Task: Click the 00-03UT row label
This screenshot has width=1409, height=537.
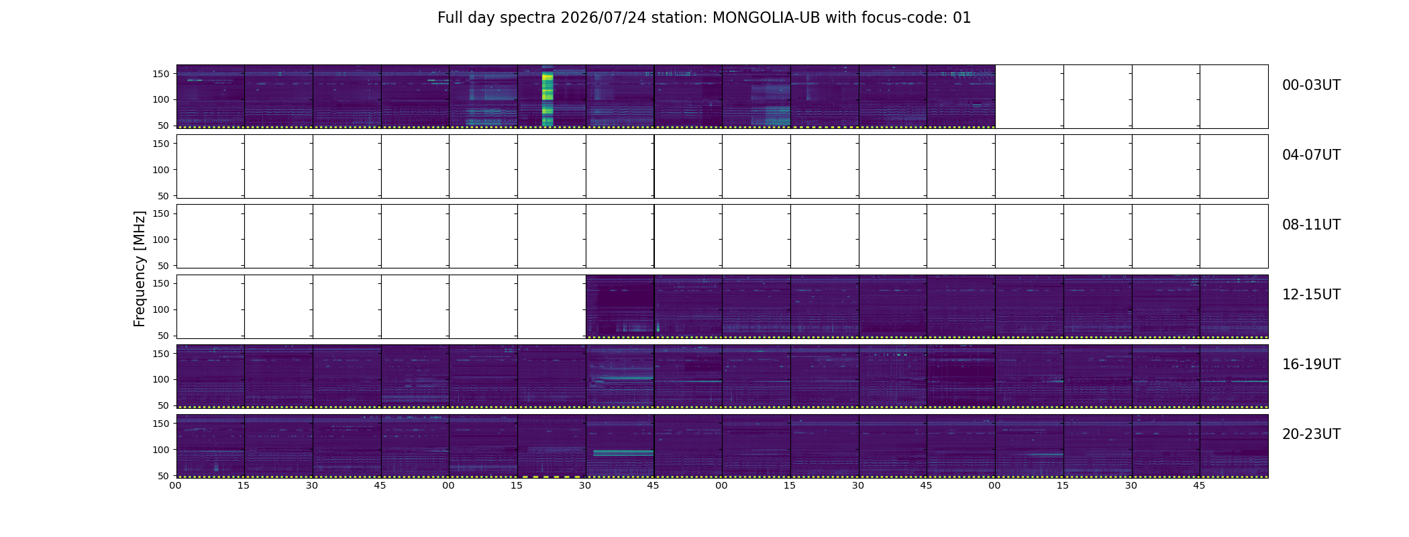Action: tap(1311, 85)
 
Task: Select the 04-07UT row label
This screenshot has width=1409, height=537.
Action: tap(1311, 155)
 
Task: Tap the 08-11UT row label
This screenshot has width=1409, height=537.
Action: tap(1311, 225)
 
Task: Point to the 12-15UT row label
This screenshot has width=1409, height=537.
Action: tap(1311, 295)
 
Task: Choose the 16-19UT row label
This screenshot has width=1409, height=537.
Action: tap(1311, 364)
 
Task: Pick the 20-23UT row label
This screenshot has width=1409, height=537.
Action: tap(1311, 434)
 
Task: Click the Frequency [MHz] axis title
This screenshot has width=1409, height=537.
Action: tap(140, 268)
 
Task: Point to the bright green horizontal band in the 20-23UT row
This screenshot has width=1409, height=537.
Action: tap(623, 454)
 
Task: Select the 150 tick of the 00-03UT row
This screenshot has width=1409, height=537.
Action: tap(161, 74)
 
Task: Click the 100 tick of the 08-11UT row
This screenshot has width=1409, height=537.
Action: tap(161, 240)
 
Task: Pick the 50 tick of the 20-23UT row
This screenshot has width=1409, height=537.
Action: tap(164, 476)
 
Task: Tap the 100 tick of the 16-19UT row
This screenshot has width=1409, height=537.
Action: tap(161, 379)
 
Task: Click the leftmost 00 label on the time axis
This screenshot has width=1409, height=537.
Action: tap(176, 485)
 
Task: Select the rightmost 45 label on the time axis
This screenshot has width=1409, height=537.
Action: tap(1199, 485)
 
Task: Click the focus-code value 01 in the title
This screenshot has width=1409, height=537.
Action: tap(962, 18)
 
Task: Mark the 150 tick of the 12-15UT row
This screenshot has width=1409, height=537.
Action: tap(161, 283)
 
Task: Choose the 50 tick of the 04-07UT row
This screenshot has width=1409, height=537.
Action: tap(164, 196)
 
